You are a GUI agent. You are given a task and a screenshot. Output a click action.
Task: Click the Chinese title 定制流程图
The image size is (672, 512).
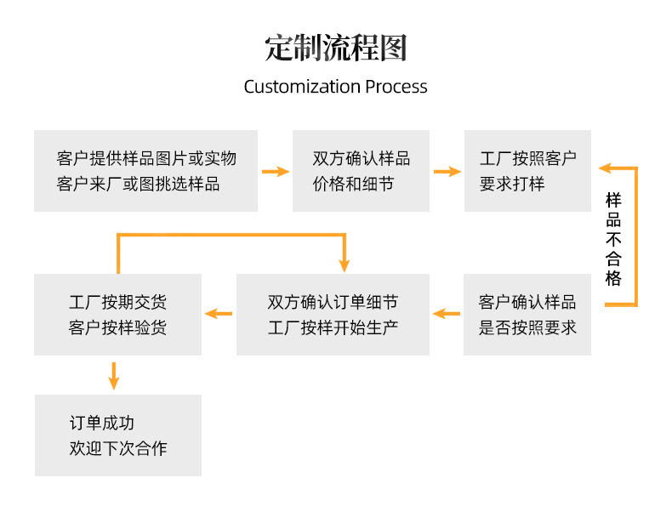(x=335, y=48)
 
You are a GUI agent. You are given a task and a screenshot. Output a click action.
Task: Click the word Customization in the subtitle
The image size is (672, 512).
(x=302, y=87)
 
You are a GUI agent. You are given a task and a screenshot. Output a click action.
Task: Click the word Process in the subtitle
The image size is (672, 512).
(x=396, y=87)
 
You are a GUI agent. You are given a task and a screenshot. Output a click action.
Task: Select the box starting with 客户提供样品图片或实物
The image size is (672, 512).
(x=145, y=171)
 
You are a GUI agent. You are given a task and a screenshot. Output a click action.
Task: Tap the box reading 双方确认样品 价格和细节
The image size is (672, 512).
(x=361, y=171)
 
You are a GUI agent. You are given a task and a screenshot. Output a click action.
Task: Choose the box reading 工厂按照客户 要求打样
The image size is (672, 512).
(x=527, y=171)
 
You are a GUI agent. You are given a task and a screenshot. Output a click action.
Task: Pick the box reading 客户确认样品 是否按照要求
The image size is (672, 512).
(x=527, y=315)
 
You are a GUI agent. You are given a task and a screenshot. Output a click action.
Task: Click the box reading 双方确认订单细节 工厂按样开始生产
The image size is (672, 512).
(x=333, y=315)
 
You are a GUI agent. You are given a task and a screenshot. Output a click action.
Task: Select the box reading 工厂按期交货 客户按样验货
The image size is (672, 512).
(x=118, y=315)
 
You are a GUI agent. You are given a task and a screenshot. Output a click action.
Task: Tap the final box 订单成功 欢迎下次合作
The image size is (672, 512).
(x=118, y=435)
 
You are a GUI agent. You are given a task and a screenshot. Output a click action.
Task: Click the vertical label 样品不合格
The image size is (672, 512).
(x=613, y=239)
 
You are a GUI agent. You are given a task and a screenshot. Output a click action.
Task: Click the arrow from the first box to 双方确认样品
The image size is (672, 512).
(x=276, y=172)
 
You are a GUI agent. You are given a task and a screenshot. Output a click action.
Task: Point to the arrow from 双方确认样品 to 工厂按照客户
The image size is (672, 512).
(x=447, y=172)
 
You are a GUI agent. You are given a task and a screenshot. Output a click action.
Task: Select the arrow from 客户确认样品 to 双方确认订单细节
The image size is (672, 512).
(x=446, y=314)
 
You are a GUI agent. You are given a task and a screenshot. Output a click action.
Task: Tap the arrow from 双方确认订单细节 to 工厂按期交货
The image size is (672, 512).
(x=219, y=314)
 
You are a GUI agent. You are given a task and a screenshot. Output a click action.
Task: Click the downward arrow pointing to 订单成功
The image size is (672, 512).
(x=114, y=376)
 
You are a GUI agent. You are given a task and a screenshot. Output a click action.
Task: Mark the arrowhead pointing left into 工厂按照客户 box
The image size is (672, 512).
(x=605, y=168)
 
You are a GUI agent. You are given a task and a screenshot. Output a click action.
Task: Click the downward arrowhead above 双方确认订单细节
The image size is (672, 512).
(x=345, y=265)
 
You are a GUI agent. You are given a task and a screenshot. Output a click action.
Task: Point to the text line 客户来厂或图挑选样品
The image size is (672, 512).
(x=138, y=185)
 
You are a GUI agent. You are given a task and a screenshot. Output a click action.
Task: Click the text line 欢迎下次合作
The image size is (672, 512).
(x=118, y=448)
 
